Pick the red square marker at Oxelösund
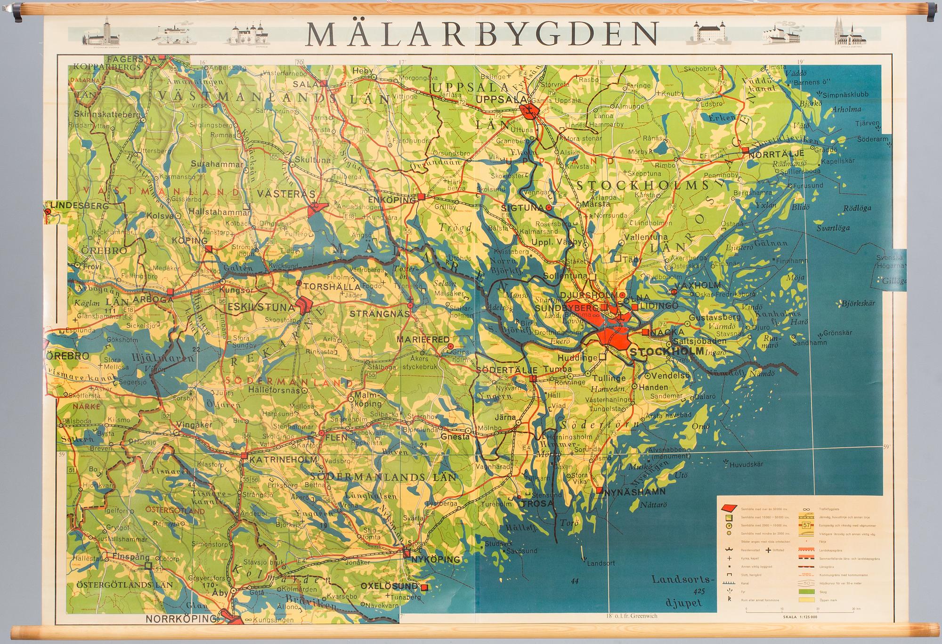424,588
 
